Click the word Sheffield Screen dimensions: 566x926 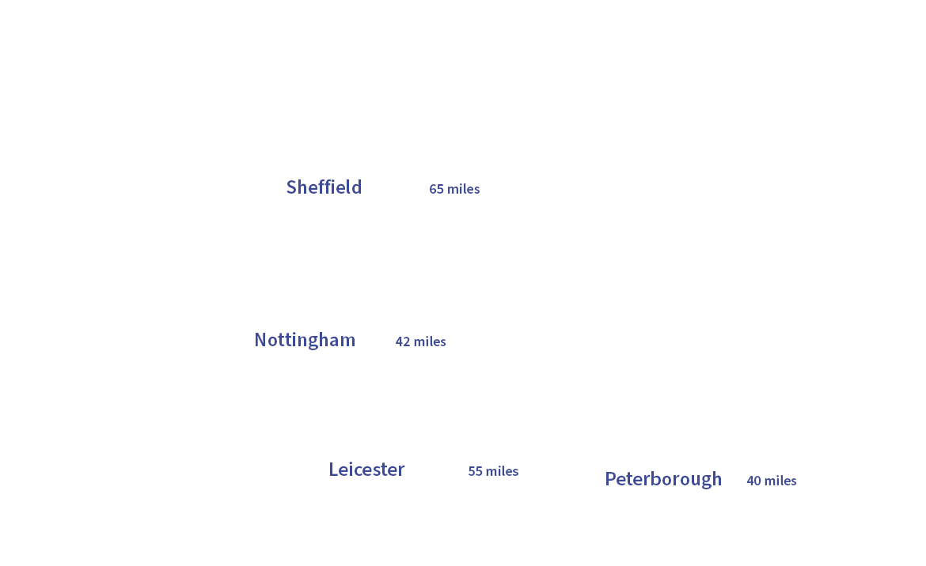pyautogui.click(x=324, y=187)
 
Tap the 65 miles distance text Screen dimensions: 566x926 pyautogui.click(x=454, y=189)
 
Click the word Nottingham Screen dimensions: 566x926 pyautogui.click(x=305, y=340)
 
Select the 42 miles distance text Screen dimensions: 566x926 pyautogui.click(x=420, y=341)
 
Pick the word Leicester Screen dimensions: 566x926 pyautogui.click(x=366, y=470)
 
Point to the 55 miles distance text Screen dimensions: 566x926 pyautogui.click(x=493, y=471)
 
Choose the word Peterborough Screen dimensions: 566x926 pyautogui.click(x=663, y=479)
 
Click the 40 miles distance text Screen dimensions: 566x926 pyautogui.click(x=772, y=481)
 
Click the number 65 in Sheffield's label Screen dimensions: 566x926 pyautogui.click(x=436, y=189)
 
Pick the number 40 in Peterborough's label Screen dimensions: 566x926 pyautogui.click(x=753, y=481)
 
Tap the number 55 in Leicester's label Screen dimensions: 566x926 pyautogui.click(x=475, y=471)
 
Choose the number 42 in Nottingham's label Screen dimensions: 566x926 pyautogui.click(x=402, y=341)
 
